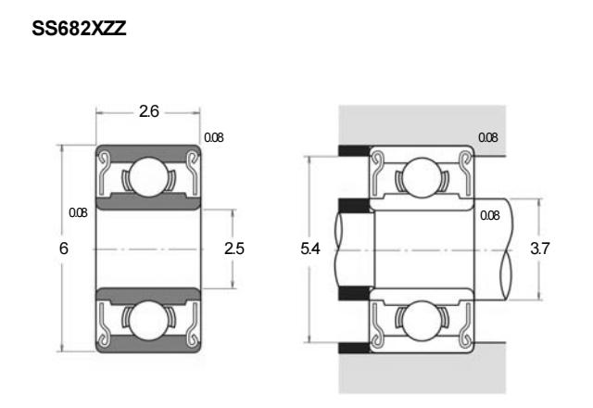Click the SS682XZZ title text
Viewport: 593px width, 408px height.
[x=79, y=29]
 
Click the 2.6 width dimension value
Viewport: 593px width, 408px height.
[x=148, y=111]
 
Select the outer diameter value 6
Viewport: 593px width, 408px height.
[x=64, y=249]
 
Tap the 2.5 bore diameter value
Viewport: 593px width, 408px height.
[x=234, y=249]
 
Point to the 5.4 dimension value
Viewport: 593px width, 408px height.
[x=310, y=249]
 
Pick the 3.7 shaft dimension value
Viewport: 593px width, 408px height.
[x=539, y=249]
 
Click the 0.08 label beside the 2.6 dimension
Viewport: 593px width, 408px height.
[x=214, y=137]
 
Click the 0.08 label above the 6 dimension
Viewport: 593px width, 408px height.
[x=78, y=212]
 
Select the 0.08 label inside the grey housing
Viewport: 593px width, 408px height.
[x=488, y=137]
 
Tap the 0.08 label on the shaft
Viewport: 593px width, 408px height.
[x=490, y=215]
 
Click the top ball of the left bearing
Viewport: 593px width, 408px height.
[x=148, y=177]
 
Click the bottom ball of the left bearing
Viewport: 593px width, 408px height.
[x=148, y=320]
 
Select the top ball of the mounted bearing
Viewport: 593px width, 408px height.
[x=422, y=177]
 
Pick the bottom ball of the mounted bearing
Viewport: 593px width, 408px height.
[x=422, y=320]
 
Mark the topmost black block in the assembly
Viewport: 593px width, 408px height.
[x=354, y=150]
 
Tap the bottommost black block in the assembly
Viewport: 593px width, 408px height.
[x=354, y=348]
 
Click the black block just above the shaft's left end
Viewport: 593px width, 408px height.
[x=354, y=206]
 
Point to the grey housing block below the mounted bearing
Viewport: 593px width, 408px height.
[x=423, y=373]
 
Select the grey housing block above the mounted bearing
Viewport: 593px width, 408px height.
[x=423, y=126]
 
